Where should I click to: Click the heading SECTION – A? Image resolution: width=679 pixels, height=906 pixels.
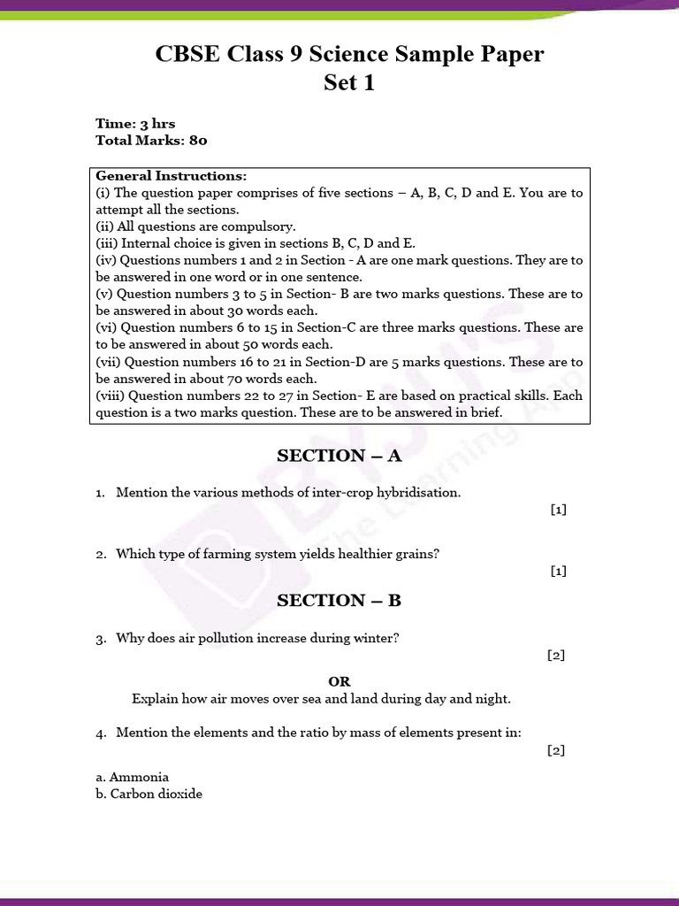(x=339, y=456)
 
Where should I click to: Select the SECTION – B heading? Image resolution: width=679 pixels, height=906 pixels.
(x=339, y=601)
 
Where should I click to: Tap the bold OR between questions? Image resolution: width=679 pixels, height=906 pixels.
(x=339, y=681)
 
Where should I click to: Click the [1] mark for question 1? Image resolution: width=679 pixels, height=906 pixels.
(x=558, y=510)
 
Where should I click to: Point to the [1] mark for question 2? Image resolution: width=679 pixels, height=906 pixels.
(x=558, y=572)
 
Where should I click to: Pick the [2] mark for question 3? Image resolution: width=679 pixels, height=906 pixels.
(x=556, y=656)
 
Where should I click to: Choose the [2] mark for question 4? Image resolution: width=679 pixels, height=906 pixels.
(x=556, y=750)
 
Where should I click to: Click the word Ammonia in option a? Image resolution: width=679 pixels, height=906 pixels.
(x=139, y=777)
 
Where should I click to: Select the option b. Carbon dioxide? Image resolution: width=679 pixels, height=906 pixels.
(x=149, y=794)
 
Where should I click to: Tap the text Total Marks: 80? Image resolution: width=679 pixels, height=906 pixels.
(x=151, y=140)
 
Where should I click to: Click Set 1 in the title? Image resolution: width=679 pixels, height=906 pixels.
(x=350, y=83)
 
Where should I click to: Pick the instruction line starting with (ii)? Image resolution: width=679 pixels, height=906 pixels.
(x=195, y=226)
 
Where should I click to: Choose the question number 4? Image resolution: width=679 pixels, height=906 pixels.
(x=101, y=733)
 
